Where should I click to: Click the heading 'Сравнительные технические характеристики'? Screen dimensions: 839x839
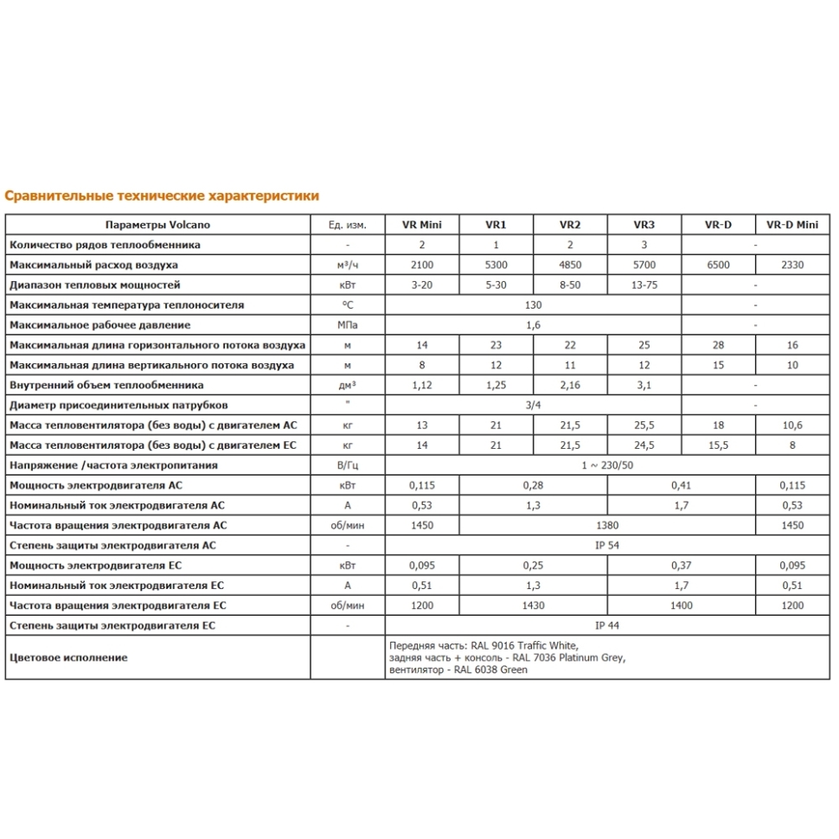[162, 196]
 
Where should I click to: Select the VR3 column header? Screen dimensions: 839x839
[644, 225]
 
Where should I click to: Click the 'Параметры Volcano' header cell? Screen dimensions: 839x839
[158, 225]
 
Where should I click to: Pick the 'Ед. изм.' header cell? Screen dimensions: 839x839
[348, 225]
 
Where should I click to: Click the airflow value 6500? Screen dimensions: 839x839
[718, 265]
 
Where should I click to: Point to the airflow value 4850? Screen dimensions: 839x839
[570, 265]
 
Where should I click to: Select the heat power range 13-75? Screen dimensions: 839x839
[644, 285]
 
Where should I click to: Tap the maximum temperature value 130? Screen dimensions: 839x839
[533, 305]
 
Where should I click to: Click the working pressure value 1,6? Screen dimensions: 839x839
[533, 325]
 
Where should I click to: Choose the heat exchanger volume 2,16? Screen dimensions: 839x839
[570, 385]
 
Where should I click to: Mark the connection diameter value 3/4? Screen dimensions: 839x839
[533, 405]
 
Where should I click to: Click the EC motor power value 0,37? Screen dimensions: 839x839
[681, 566]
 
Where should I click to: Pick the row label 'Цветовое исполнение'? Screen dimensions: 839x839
[68, 657]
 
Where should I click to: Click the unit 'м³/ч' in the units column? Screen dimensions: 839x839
[348, 265]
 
